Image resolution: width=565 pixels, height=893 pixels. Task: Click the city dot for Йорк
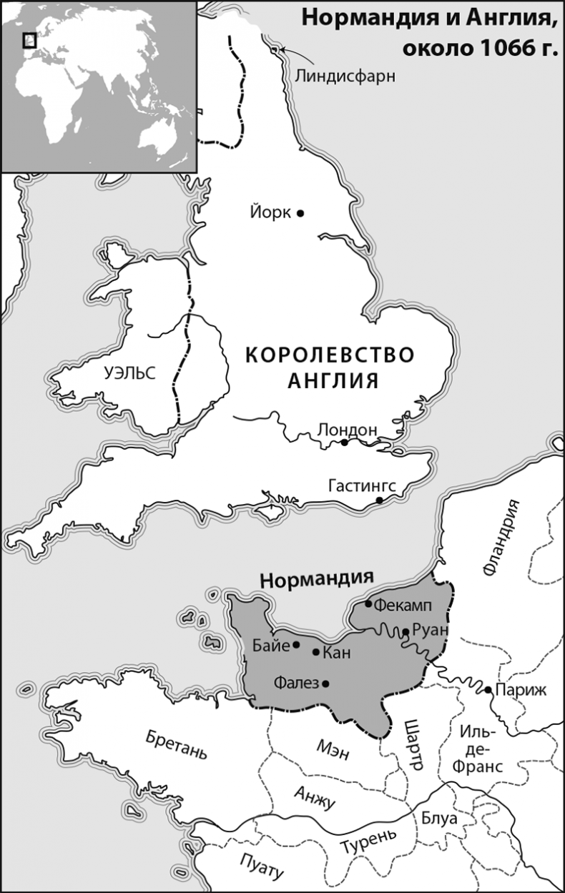[x=300, y=213]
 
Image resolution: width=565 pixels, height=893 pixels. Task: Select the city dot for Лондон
[x=344, y=443]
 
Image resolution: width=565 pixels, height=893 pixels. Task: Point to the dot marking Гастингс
[x=380, y=500]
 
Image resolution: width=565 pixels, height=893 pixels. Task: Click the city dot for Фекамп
[x=369, y=604]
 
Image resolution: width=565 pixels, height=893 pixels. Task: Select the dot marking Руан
[x=406, y=632]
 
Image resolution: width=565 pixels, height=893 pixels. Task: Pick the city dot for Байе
[x=296, y=645]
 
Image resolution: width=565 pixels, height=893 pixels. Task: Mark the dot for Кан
[x=316, y=652]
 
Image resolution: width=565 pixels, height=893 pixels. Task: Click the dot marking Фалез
[x=326, y=684]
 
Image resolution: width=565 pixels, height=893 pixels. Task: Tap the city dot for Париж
[x=487, y=690]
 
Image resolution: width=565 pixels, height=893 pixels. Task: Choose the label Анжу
[x=315, y=795]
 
